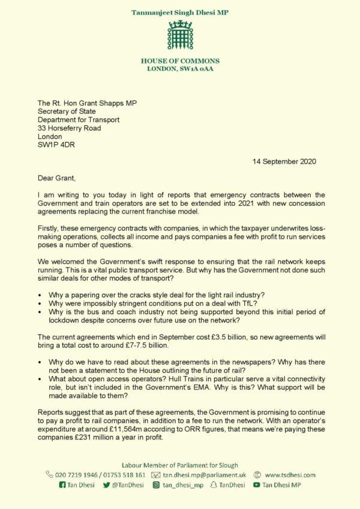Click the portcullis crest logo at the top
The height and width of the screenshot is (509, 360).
click(180, 35)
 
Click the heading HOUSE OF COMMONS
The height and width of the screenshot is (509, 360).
click(180, 61)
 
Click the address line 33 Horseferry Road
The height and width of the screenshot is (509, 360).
click(70, 128)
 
